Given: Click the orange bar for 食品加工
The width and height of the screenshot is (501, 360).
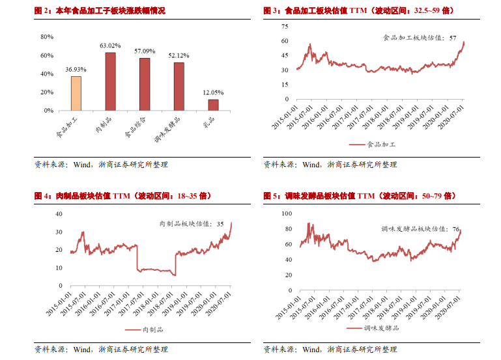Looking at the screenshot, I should [x=76, y=93].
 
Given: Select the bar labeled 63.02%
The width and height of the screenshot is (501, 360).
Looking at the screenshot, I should [x=110, y=81].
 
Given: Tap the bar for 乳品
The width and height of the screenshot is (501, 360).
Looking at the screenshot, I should [x=213, y=104].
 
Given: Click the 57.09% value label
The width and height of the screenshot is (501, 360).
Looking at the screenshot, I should [x=145, y=51].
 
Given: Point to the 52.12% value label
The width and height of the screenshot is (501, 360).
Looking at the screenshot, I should [x=179, y=55].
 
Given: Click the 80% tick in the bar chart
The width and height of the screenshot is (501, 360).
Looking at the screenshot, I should [x=47, y=37].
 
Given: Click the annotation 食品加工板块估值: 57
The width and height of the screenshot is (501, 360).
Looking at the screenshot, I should [x=420, y=38].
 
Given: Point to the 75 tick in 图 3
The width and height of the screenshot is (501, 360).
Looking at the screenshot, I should [x=284, y=26].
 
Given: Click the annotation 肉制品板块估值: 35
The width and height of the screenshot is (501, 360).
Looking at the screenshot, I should [x=192, y=224].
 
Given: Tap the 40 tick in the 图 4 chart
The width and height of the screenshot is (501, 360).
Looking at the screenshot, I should [x=57, y=214].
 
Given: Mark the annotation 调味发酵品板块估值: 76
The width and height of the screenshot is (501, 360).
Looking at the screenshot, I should [x=420, y=229].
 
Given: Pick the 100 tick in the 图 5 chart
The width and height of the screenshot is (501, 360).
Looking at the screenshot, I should [x=284, y=214].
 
